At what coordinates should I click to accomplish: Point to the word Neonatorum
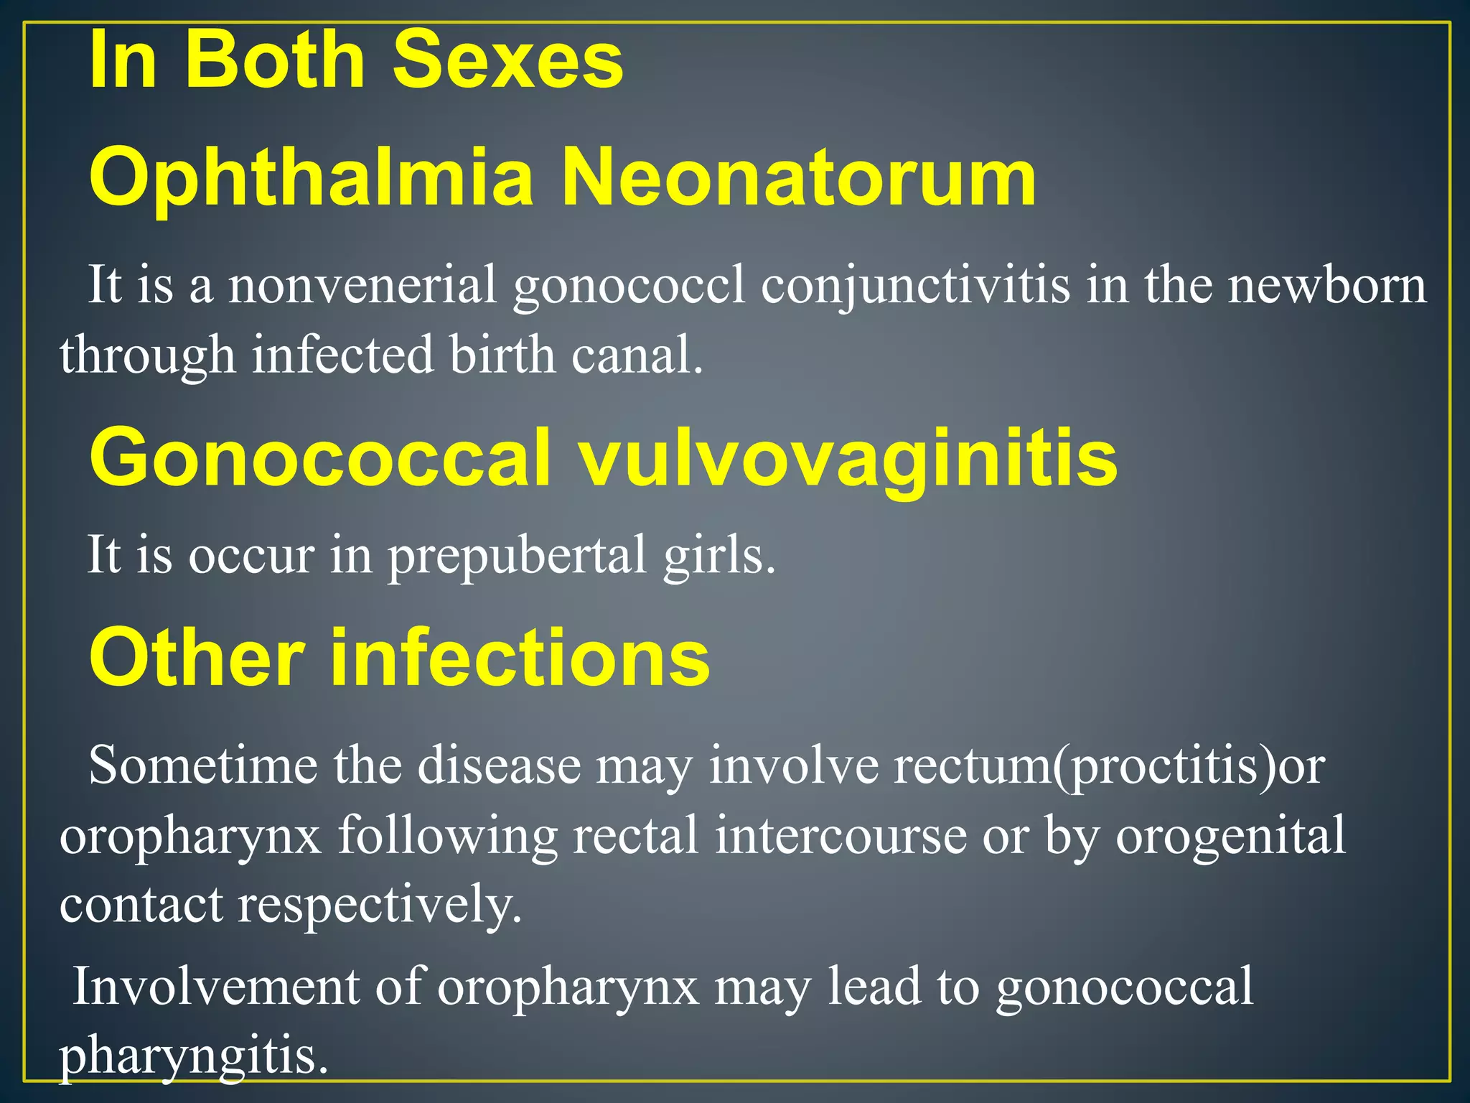798,178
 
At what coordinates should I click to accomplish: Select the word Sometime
202,765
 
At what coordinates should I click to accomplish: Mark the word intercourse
841,836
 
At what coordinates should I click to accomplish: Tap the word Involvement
215,987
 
